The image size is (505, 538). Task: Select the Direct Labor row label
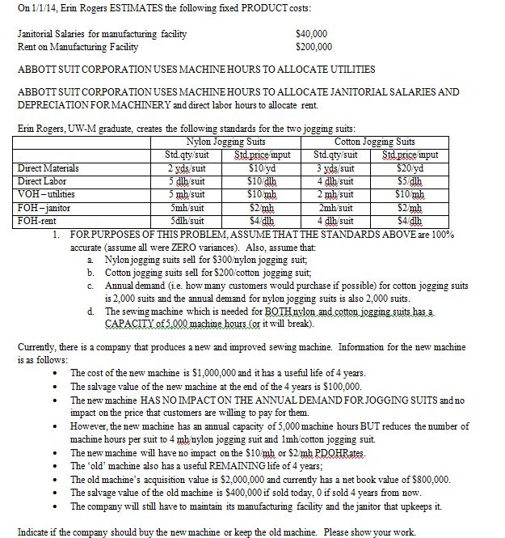tap(41, 180)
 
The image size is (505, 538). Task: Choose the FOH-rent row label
tap(37, 218)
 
